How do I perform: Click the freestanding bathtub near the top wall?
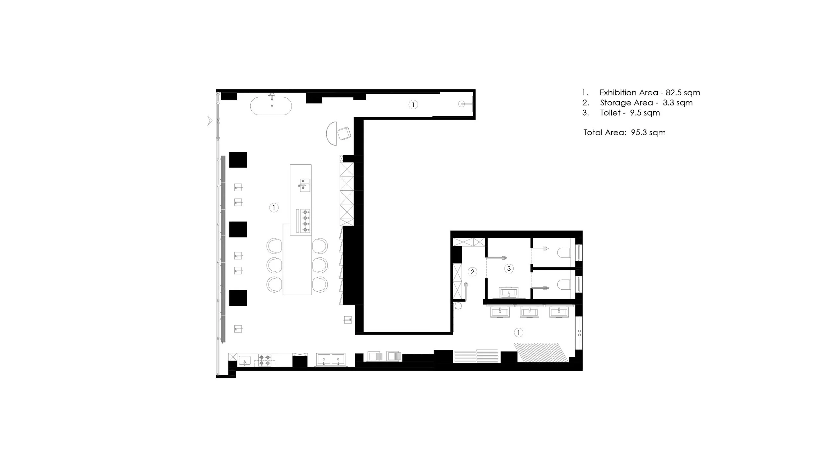click(x=271, y=106)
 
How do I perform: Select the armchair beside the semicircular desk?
click(x=344, y=134)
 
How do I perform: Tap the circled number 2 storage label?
click(x=472, y=272)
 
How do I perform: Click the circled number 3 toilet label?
click(x=509, y=268)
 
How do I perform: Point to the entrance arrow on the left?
click(x=209, y=121)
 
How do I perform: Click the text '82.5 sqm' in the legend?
click(x=683, y=93)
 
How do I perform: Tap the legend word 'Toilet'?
click(x=610, y=113)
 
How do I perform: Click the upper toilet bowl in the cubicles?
click(x=564, y=253)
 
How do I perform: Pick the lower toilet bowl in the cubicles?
click(x=564, y=285)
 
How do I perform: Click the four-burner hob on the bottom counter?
click(x=265, y=360)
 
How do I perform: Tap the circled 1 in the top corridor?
click(x=413, y=105)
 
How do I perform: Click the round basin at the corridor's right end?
click(x=462, y=104)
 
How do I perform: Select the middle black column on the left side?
click(x=238, y=229)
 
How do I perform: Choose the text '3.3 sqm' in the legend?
click(x=677, y=103)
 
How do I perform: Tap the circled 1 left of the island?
click(x=274, y=208)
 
